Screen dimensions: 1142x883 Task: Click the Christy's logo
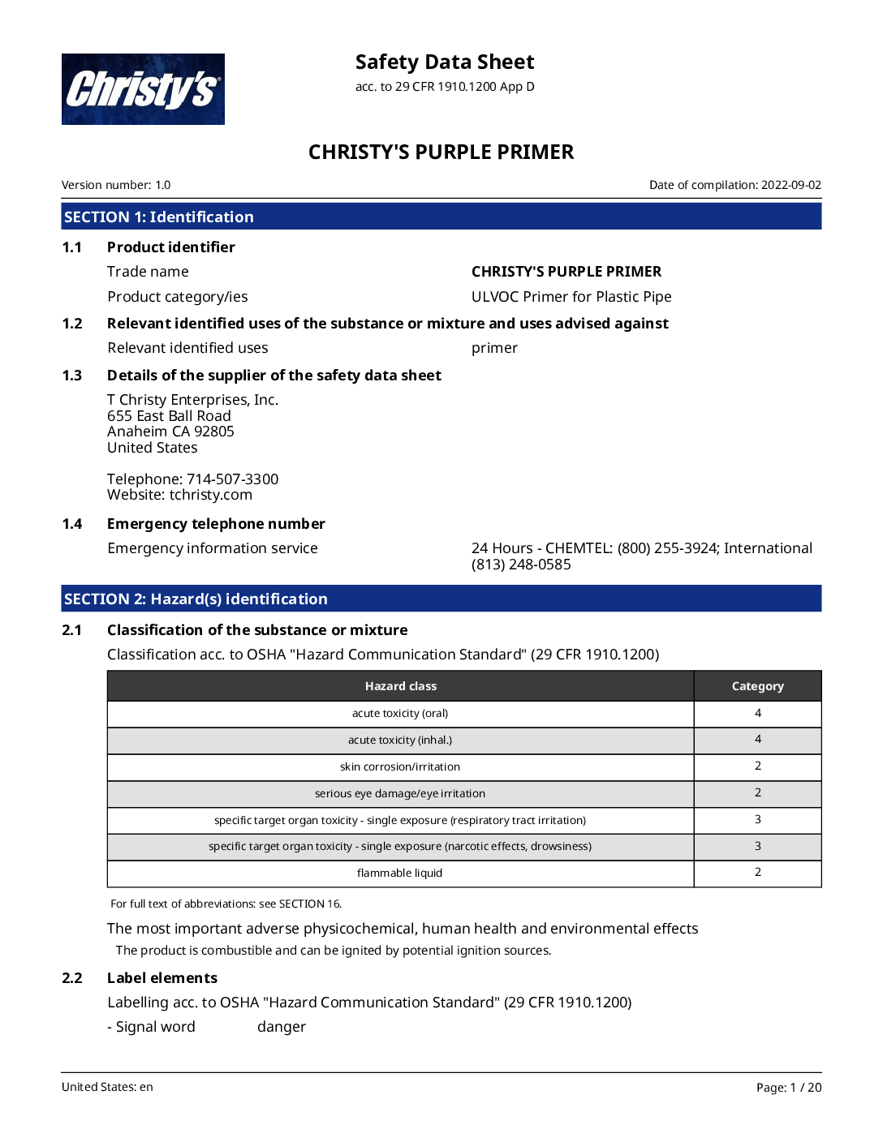coord(143,89)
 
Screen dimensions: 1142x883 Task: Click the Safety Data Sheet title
coord(445,62)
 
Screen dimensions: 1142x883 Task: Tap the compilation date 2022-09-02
coord(790,185)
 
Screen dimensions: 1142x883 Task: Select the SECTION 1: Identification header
coord(159,217)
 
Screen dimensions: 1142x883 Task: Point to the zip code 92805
coord(214,431)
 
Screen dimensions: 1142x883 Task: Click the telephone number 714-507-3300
coord(233,479)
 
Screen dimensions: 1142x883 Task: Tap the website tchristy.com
coord(211,495)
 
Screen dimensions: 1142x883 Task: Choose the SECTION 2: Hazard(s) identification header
coord(196,599)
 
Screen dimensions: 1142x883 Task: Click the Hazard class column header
coord(400,686)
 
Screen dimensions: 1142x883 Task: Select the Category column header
coord(757,686)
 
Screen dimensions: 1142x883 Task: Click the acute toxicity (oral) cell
coord(400,714)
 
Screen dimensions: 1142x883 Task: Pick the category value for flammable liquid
coord(757,872)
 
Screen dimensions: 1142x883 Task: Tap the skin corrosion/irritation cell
coord(400,766)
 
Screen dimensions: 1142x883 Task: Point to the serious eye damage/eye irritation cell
coord(400,793)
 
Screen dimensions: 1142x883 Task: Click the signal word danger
coord(282,1027)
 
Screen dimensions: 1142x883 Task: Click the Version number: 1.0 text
coord(116,185)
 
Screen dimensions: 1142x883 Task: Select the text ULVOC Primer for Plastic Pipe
coord(571,297)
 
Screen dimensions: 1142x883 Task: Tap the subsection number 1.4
coord(72,524)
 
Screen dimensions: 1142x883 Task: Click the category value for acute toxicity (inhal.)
coord(757,739)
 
